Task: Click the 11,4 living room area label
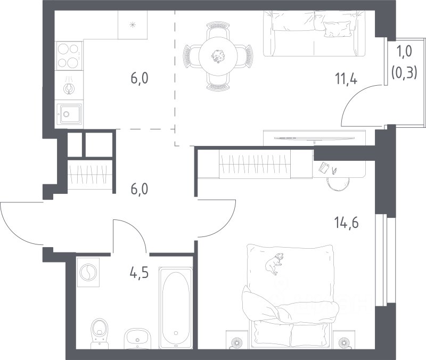pos(346,79)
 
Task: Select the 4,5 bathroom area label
pos(139,273)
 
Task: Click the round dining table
pos(218,56)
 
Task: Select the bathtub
pos(176,308)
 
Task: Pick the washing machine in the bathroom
pos(88,272)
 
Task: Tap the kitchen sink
pos(69,114)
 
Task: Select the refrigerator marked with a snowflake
pos(133,25)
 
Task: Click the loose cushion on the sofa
pos(337,28)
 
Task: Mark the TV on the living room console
pos(314,138)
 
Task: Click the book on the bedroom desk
pos(324,167)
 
